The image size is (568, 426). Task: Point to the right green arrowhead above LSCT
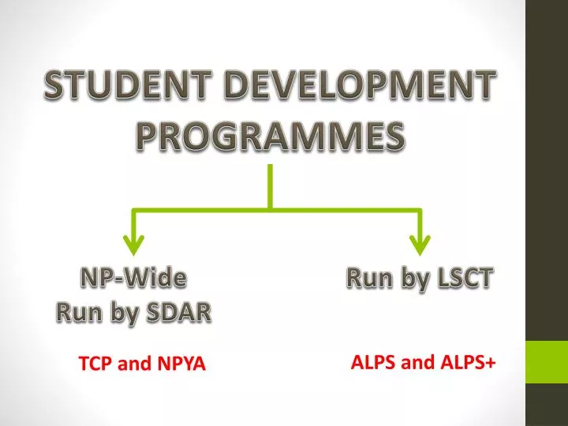(x=420, y=244)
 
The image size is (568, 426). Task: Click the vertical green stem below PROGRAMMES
(x=271, y=185)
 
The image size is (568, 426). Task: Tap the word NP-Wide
(x=134, y=278)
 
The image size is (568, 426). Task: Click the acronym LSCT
(x=462, y=278)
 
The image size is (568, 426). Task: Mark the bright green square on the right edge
(x=547, y=364)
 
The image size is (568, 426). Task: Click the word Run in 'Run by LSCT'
(x=366, y=278)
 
